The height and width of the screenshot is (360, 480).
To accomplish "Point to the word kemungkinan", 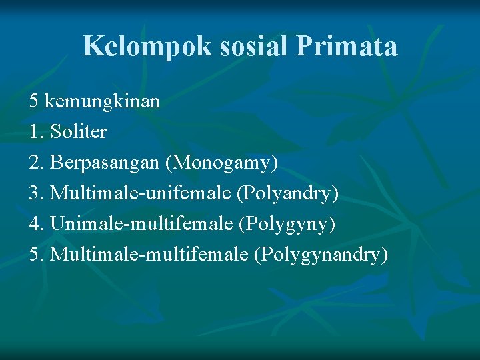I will click(x=103, y=102).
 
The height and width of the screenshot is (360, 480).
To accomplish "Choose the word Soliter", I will click(x=79, y=132).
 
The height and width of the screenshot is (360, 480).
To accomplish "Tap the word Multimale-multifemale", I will click(x=150, y=255).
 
